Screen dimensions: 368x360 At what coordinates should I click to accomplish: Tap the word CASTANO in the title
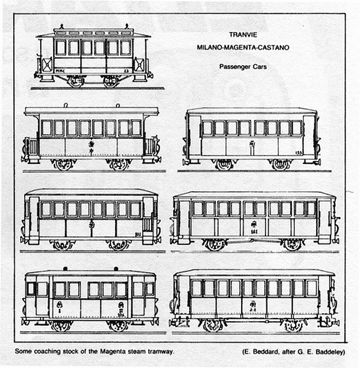[276, 48]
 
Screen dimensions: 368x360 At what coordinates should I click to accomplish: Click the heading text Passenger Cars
[242, 67]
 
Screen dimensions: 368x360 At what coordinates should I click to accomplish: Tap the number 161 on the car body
[254, 232]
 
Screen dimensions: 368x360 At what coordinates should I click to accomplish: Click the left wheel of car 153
[224, 164]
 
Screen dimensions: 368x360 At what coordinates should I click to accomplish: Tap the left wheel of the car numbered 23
[76, 81]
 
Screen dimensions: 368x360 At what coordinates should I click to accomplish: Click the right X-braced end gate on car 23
[139, 64]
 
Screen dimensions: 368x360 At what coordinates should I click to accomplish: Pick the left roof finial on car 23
[62, 26]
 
